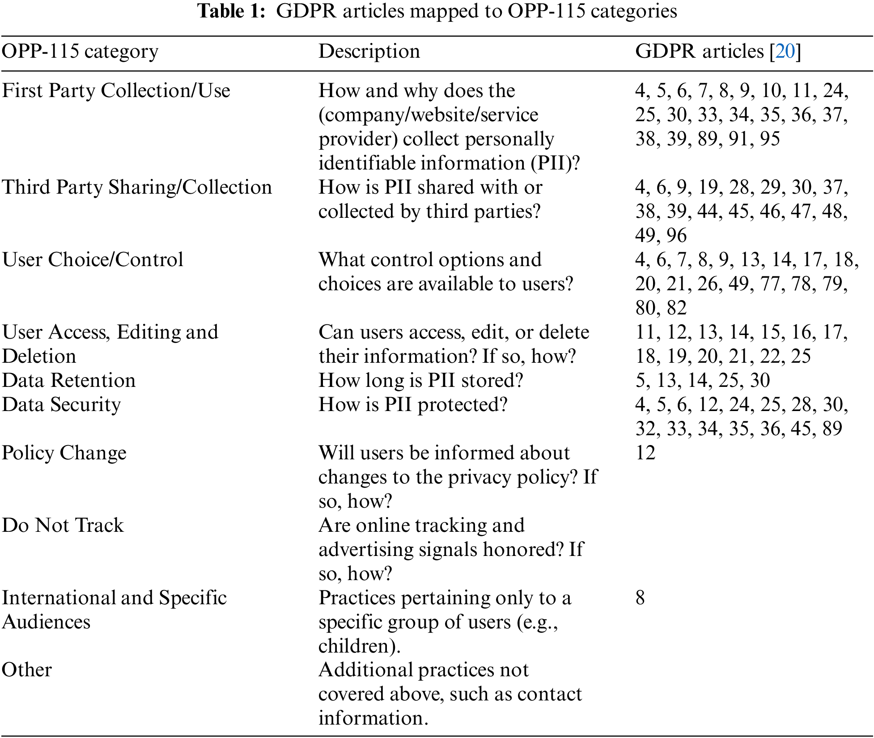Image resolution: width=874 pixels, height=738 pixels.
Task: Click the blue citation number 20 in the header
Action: pyautogui.click(x=785, y=51)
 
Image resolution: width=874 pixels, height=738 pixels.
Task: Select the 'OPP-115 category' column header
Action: pyautogui.click(x=80, y=51)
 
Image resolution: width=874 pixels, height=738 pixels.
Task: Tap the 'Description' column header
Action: pyautogui.click(x=369, y=51)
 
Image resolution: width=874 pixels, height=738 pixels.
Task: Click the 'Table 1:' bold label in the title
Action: pyautogui.click(x=232, y=11)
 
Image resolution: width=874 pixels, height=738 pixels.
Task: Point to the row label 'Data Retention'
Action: pyautogui.click(x=69, y=381)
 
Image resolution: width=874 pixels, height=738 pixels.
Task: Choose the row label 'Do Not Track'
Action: pyautogui.click(x=63, y=526)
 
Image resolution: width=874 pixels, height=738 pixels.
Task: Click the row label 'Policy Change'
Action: pyautogui.click(x=64, y=453)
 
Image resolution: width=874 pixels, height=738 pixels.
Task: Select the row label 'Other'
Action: pyautogui.click(x=27, y=670)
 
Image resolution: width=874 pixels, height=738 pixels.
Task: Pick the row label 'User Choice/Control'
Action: pyautogui.click(x=93, y=260)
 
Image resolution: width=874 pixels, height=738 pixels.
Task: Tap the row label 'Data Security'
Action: pyautogui.click(x=62, y=405)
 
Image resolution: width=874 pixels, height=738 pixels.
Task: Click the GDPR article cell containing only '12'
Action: pyautogui.click(x=645, y=453)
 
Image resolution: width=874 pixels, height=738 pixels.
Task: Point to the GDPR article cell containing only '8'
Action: pyautogui.click(x=640, y=598)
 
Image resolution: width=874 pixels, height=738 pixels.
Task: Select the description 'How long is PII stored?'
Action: pyautogui.click(x=420, y=381)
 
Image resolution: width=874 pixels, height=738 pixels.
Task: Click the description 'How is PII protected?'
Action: pyautogui.click(x=413, y=405)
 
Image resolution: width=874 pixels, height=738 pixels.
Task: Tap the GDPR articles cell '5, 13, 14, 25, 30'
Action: pyautogui.click(x=702, y=381)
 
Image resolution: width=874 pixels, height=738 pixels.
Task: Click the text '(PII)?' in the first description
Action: pyautogui.click(x=555, y=163)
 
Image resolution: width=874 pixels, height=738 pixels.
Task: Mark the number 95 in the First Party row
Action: pyautogui.click(x=770, y=139)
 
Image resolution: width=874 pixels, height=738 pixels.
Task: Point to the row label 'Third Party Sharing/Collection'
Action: pyautogui.click(x=137, y=187)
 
